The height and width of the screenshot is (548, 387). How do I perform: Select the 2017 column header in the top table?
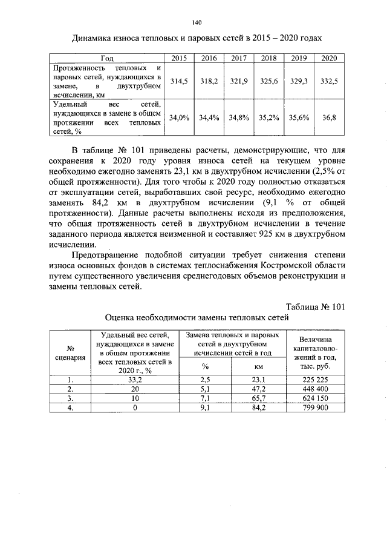237,58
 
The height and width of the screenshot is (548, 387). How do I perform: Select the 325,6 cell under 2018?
268,81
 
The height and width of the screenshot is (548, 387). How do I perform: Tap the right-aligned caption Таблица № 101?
314,307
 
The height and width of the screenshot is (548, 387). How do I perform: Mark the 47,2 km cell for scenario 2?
259,389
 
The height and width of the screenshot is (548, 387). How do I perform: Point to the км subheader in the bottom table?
259,366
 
